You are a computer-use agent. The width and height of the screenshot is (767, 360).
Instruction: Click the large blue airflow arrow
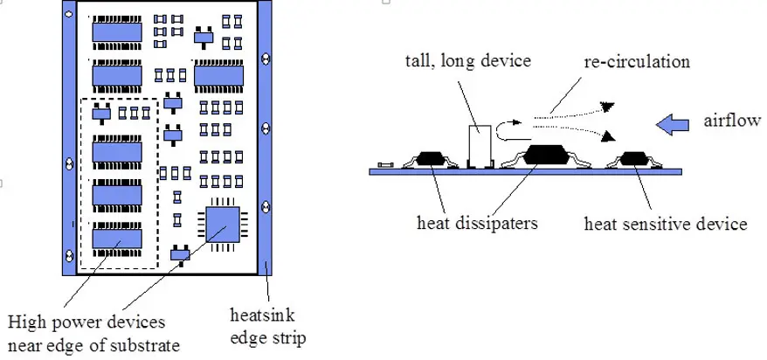(672, 125)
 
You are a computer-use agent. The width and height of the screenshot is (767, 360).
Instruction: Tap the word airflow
(732, 120)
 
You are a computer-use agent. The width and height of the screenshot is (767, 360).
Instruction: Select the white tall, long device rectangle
(480, 146)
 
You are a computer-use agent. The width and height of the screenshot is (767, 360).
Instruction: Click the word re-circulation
(636, 61)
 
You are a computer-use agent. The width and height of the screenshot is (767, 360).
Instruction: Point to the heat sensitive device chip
(634, 158)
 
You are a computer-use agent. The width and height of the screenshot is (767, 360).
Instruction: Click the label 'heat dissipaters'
(477, 223)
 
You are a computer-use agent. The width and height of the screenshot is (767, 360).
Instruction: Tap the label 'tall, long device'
(468, 61)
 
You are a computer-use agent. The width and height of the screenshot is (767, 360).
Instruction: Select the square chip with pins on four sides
(223, 225)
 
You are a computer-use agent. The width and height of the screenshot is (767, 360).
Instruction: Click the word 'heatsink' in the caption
(262, 315)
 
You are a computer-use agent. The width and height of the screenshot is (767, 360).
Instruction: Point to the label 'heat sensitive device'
(666, 224)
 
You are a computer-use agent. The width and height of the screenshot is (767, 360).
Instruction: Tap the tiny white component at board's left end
(385, 166)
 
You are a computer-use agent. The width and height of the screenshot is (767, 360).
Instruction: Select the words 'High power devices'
(86, 322)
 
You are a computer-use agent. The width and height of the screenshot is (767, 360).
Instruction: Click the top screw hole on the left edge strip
(68, 14)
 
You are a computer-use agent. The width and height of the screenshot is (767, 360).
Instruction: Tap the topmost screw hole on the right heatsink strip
(266, 59)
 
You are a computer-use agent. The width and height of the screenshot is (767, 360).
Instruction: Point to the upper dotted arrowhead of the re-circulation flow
(607, 106)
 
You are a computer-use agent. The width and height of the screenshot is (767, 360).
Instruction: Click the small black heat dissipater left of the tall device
(431, 158)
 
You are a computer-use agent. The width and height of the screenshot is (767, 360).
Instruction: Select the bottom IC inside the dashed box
(117, 239)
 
